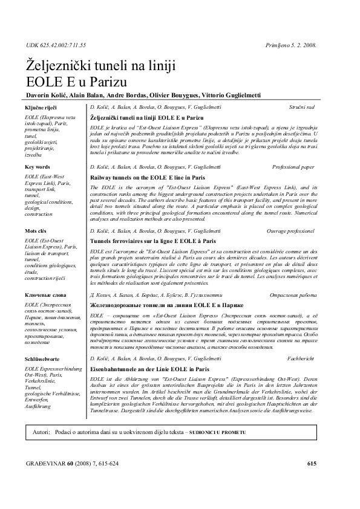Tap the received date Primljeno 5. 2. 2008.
291,45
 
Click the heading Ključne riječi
39,106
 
